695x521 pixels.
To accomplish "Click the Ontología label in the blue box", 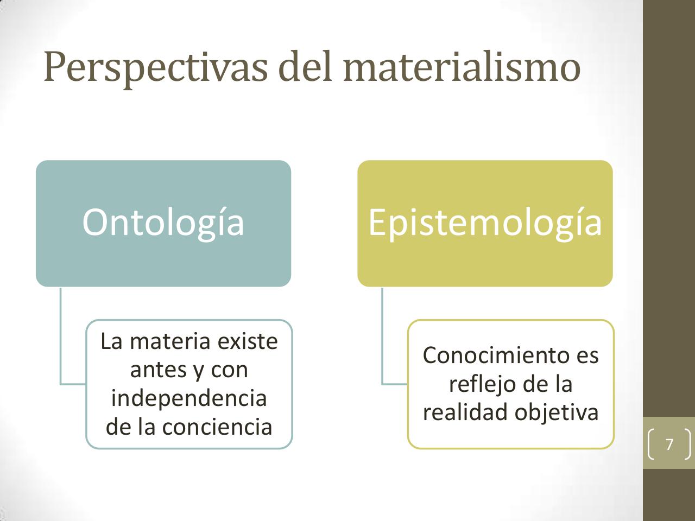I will (163, 222).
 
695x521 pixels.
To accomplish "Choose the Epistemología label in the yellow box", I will (485, 222).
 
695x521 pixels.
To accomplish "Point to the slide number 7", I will (669, 444).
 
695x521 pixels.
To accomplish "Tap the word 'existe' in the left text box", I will (248, 341).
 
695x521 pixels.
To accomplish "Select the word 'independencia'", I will (189, 398).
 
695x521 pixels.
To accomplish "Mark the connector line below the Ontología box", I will (61, 336).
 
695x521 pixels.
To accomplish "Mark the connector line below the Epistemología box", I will (382, 336).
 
